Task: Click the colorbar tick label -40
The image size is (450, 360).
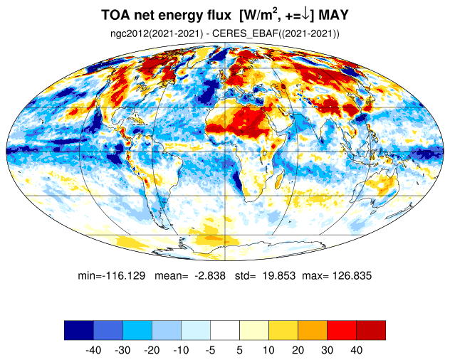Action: click(x=93, y=350)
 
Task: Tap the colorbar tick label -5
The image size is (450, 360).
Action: click(x=210, y=350)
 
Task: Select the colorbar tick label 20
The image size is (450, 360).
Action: click(x=298, y=350)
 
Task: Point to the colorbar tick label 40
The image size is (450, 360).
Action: click(x=356, y=350)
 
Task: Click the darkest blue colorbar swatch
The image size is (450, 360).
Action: click(x=79, y=330)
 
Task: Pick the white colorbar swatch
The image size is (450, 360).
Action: click(x=225, y=330)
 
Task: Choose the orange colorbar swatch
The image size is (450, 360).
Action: click(x=313, y=330)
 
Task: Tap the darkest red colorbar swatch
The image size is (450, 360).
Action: click(x=371, y=330)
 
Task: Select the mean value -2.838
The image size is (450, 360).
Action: click(x=210, y=275)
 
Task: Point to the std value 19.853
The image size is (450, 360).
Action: click(x=279, y=275)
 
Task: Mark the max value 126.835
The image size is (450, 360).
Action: click(x=352, y=275)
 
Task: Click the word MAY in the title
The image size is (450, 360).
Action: click(x=333, y=15)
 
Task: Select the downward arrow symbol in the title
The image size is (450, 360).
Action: click(x=306, y=14)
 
